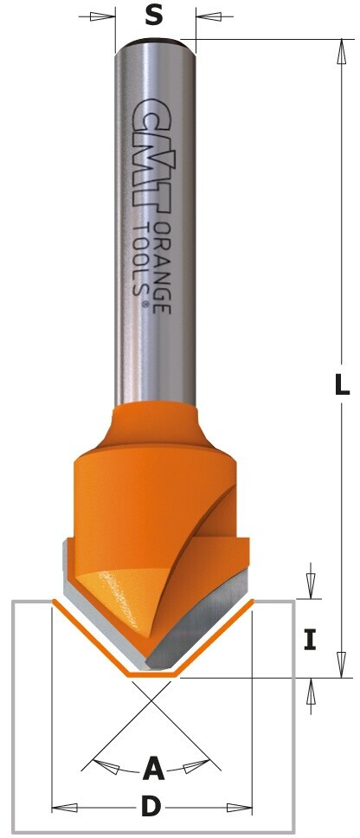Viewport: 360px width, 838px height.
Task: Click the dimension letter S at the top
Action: pyautogui.click(x=154, y=17)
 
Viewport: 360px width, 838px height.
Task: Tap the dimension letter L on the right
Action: pyautogui.click(x=342, y=384)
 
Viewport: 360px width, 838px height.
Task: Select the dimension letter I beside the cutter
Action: pyautogui.click(x=311, y=640)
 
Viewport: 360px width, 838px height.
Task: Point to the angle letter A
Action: pyautogui.click(x=153, y=769)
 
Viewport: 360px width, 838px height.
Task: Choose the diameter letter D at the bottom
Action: pyautogui.click(x=151, y=807)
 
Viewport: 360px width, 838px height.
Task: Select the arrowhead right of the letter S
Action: pyautogui.click(x=209, y=16)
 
